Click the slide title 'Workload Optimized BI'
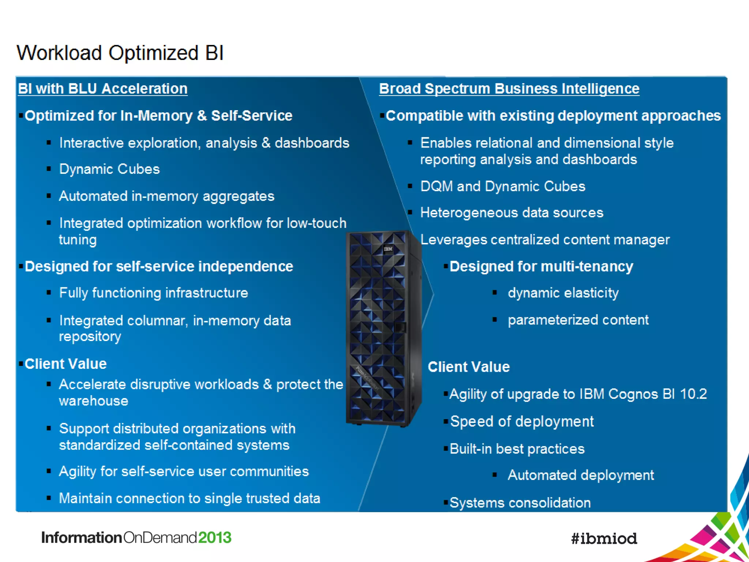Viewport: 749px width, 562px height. [120, 53]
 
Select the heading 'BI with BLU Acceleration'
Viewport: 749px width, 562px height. [103, 89]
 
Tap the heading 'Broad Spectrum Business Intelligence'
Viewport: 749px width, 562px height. [509, 89]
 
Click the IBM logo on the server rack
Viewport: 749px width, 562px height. [388, 249]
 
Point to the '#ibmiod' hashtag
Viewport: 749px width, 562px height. [604, 538]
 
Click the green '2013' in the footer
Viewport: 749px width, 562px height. [215, 537]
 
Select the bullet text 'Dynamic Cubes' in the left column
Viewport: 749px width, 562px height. [109, 169]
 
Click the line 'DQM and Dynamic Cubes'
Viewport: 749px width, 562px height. [503, 186]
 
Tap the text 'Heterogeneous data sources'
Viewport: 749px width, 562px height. [512, 213]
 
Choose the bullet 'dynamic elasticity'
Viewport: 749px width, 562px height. [563, 293]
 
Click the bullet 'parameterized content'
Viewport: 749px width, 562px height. [578, 320]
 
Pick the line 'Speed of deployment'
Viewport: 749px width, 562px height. [522, 421]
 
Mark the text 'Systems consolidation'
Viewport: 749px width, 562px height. [520, 503]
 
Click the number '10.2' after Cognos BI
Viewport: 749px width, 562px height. [693, 394]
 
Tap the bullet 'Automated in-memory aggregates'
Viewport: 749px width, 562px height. [166, 196]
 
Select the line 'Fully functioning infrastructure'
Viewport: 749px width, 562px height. [154, 293]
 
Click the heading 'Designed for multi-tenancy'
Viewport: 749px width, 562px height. [541, 266]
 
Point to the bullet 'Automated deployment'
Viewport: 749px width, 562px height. [581, 475]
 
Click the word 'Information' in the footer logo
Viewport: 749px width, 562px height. [82, 537]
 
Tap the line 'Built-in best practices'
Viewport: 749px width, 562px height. [517, 449]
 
